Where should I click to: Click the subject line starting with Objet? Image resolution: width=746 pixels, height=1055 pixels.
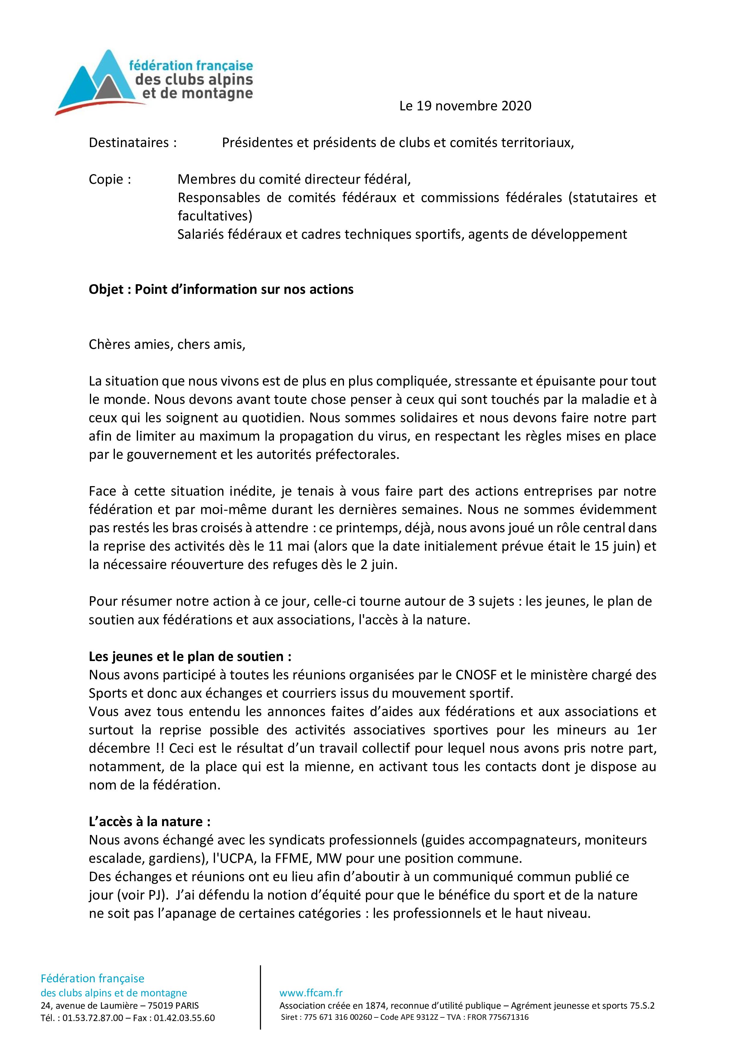221,290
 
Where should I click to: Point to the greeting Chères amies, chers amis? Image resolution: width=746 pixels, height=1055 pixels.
167,345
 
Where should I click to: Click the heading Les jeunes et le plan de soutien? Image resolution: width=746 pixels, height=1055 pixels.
190,657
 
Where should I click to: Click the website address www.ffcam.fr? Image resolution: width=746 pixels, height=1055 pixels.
311,993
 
